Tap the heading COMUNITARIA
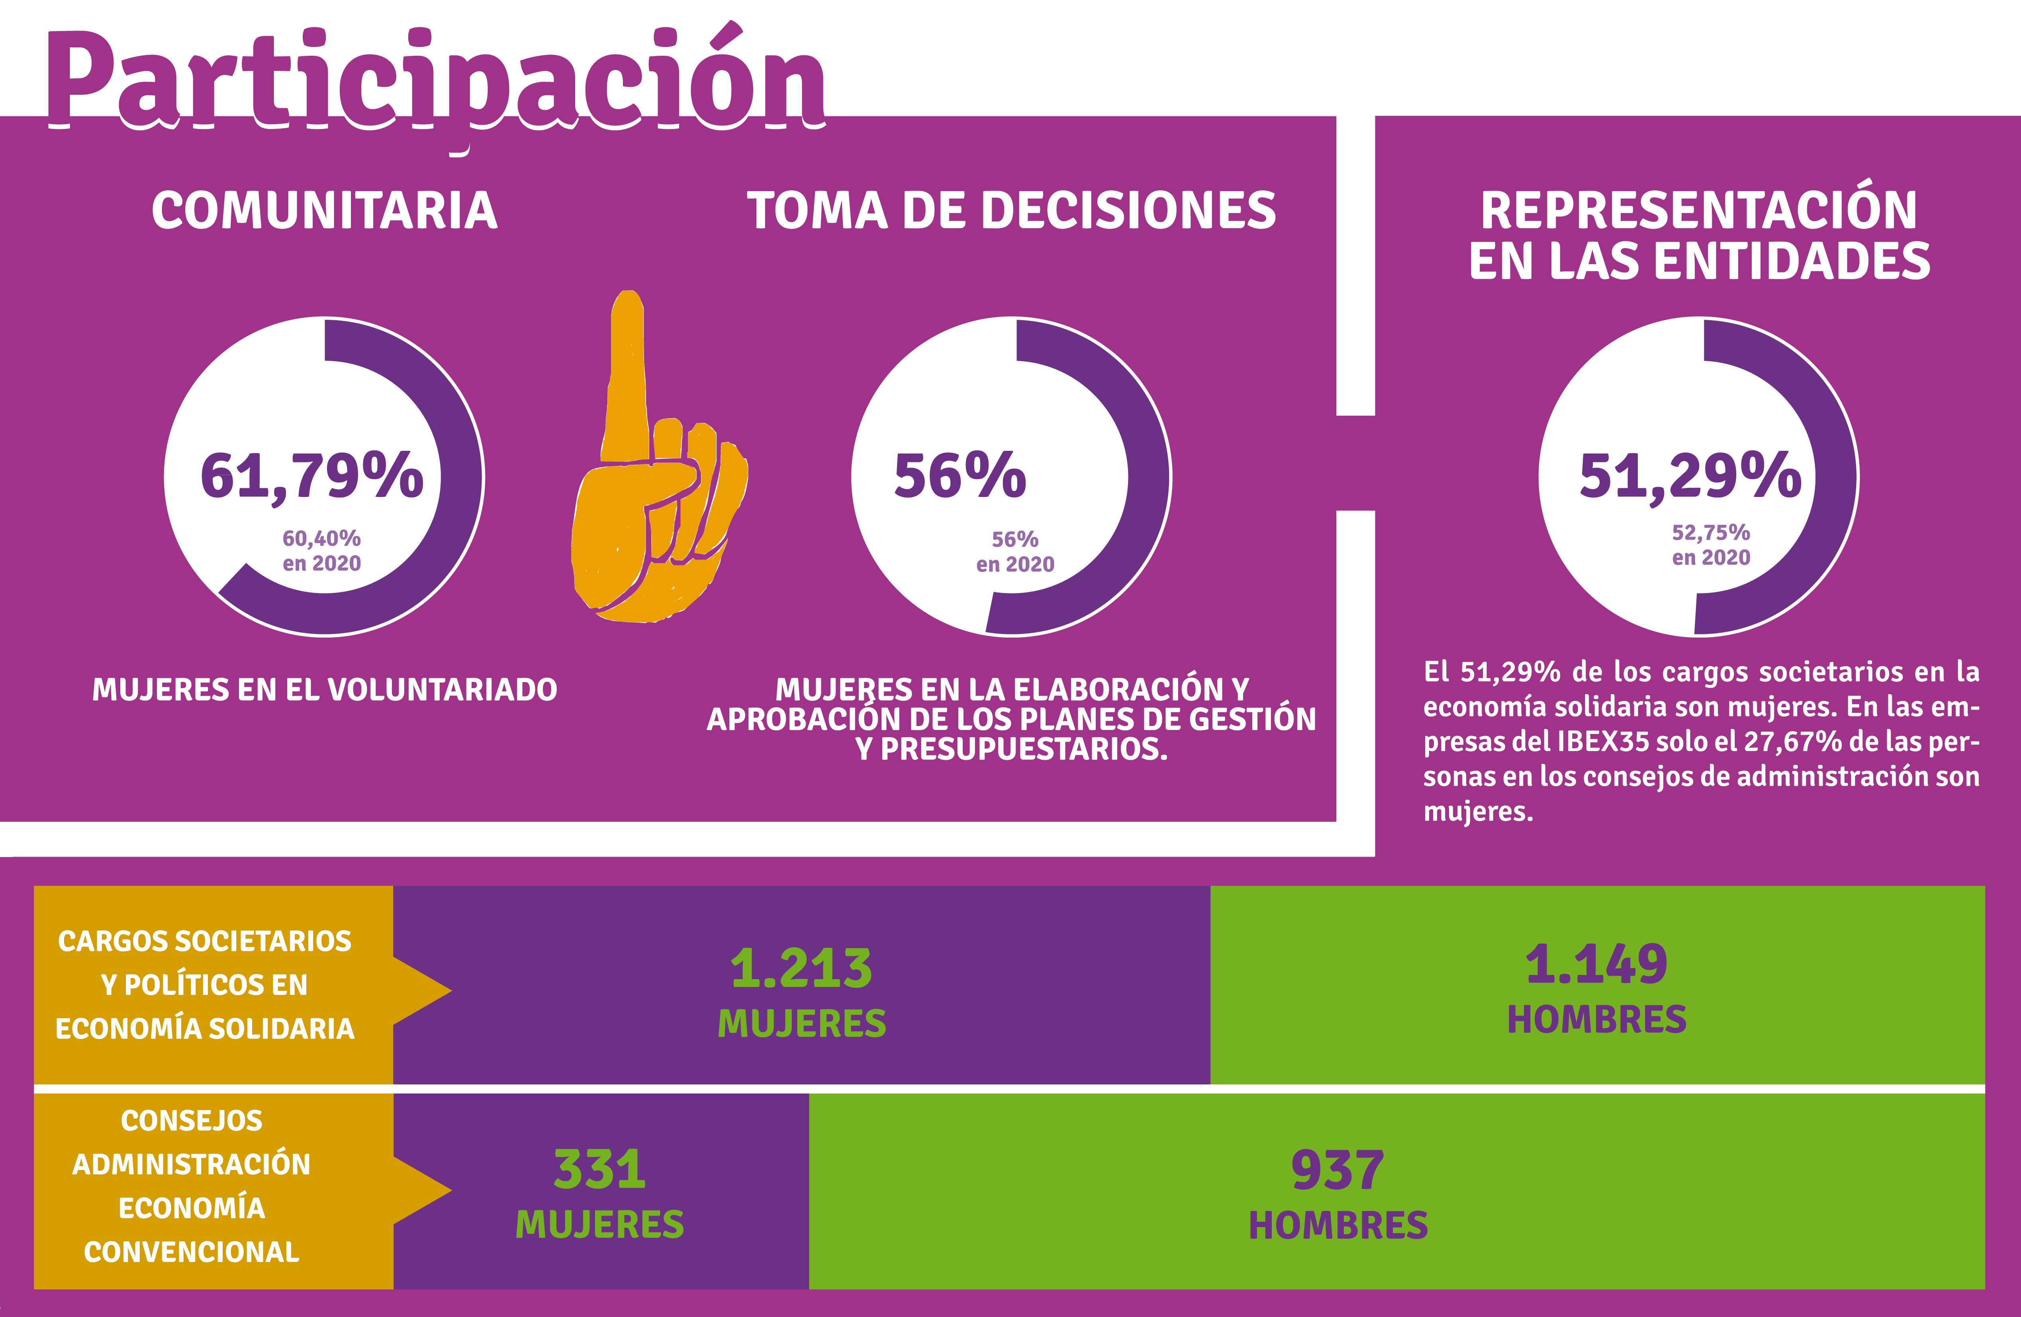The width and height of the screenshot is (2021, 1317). click(324, 211)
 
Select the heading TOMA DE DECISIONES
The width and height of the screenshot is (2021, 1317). click(1010, 211)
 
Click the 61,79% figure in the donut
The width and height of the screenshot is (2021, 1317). click(311, 476)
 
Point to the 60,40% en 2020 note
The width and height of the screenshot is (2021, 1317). click(322, 550)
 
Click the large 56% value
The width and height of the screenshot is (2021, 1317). click(960, 476)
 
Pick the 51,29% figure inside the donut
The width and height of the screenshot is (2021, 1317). click(1690, 476)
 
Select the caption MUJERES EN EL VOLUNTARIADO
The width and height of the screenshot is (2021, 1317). click(324, 689)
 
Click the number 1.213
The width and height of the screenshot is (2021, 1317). click(801, 968)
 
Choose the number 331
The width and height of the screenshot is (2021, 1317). click(599, 1169)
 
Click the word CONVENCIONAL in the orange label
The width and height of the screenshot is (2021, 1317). click(192, 1252)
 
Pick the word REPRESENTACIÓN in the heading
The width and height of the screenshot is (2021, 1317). click(1698, 211)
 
